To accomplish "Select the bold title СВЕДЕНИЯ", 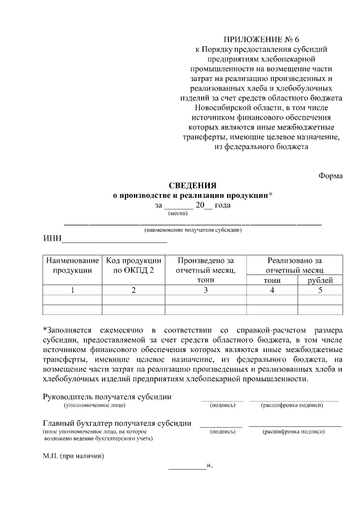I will pos(192,185).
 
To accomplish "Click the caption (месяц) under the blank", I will pos(178,213).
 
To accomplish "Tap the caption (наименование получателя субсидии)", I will pos(193,231).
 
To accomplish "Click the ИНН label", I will pos(52,239).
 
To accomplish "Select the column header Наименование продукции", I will pos(72,265).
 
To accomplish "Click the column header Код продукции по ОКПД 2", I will pos(133,265).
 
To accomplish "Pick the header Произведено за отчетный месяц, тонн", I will pos(205,270).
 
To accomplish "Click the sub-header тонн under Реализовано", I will pos(273,280).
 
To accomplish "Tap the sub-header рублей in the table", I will pos(320,280).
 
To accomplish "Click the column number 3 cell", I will pos(205,290).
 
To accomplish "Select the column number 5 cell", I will pos(320,290).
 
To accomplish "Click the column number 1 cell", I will pos(72,290).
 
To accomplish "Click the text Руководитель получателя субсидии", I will pos(107,397).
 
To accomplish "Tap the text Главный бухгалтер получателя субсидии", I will pos(117,423).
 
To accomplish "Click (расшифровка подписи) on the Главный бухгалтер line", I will pos(293,431).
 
